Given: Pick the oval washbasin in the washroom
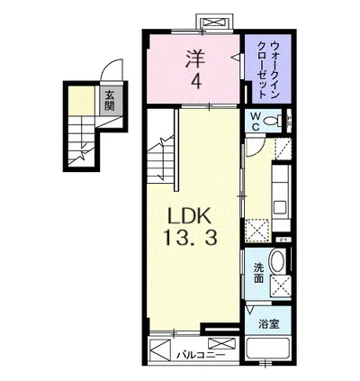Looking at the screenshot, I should click(277, 264).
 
